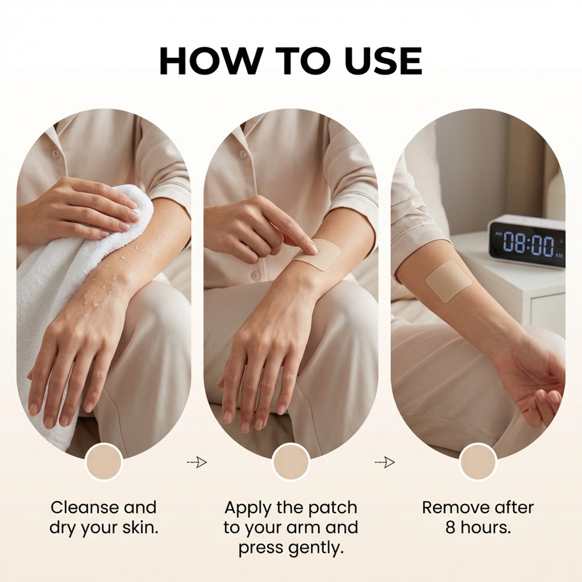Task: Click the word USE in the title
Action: (x=385, y=61)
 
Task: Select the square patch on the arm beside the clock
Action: (x=448, y=281)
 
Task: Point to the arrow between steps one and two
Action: (x=197, y=462)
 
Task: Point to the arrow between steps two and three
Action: (x=385, y=462)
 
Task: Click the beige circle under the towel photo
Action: (x=103, y=462)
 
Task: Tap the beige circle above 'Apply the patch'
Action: (x=290, y=462)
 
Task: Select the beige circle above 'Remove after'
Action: (x=478, y=462)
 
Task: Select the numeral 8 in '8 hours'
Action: (x=451, y=527)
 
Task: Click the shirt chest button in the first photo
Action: (x=56, y=153)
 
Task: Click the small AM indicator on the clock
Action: (x=559, y=256)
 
